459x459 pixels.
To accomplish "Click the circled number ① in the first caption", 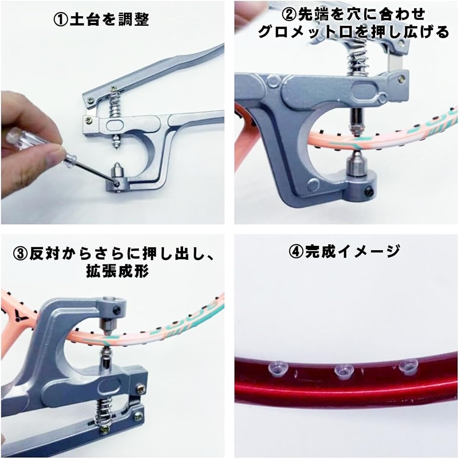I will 60,20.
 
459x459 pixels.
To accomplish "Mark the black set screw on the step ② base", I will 372,191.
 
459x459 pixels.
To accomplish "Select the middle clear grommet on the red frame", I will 344,372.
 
